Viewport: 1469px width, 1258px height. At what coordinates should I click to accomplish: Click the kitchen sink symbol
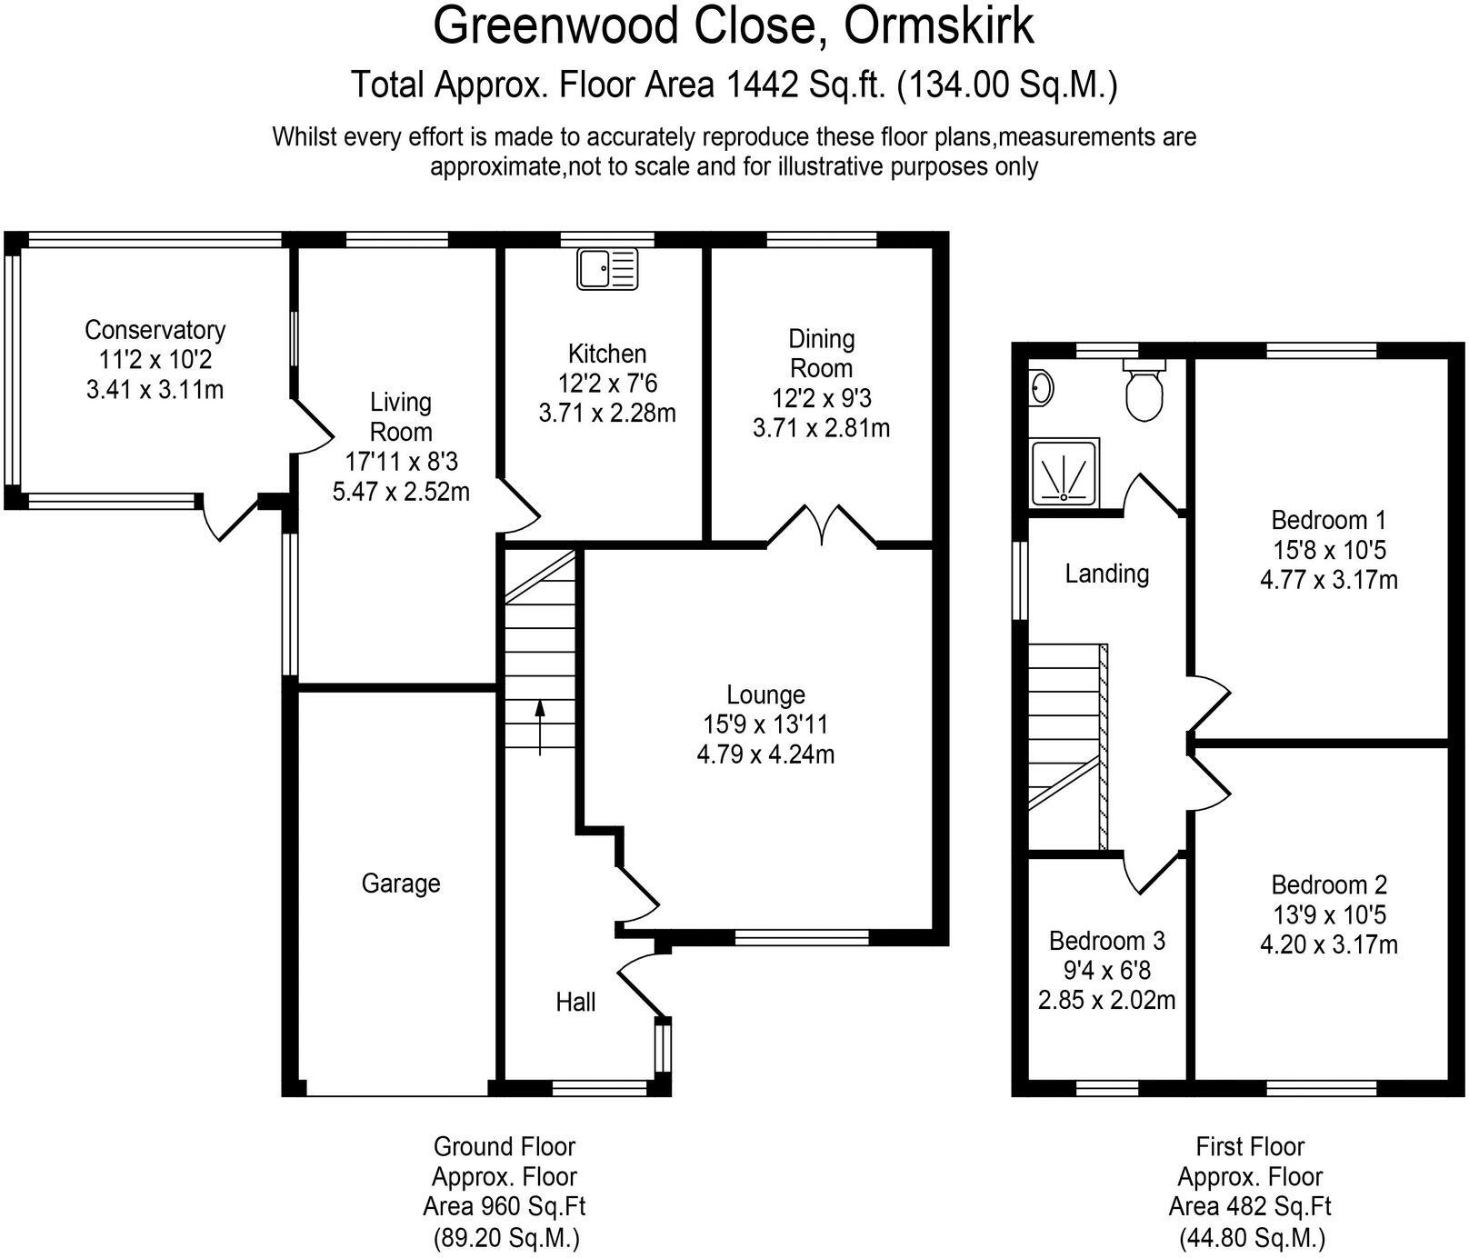pyautogui.click(x=608, y=269)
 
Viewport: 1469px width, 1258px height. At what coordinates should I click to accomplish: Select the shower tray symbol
pyautogui.click(x=1064, y=473)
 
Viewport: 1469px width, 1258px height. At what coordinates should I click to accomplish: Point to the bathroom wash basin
pyautogui.click(x=1042, y=389)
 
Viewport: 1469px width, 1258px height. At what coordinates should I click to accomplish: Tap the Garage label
pyautogui.click(x=401, y=884)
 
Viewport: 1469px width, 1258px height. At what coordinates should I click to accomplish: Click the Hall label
pyautogui.click(x=575, y=1002)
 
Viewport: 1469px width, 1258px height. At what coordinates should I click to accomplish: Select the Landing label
pyautogui.click(x=1106, y=574)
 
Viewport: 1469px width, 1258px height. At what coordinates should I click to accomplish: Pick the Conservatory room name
pyautogui.click(x=155, y=330)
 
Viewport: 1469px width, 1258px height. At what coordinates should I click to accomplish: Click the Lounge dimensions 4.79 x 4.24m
pyautogui.click(x=765, y=754)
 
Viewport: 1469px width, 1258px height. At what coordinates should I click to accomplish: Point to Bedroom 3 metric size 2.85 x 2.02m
pyautogui.click(x=1106, y=1001)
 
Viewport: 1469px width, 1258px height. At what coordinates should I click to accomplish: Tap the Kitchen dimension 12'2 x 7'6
pyautogui.click(x=607, y=384)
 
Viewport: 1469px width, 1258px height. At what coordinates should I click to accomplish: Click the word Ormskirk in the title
pyautogui.click(x=939, y=26)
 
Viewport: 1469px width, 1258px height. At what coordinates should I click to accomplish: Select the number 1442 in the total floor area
pyautogui.click(x=763, y=85)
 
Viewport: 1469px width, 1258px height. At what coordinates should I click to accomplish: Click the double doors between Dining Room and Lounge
pyautogui.click(x=823, y=526)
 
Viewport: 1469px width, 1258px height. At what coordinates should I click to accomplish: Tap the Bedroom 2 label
pyautogui.click(x=1329, y=884)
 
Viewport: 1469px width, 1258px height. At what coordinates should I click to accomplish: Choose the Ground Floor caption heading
pyautogui.click(x=505, y=1146)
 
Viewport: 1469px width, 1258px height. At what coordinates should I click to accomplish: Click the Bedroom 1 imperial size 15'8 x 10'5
pyautogui.click(x=1329, y=550)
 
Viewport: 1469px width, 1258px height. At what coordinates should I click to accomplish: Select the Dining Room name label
pyautogui.click(x=821, y=354)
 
